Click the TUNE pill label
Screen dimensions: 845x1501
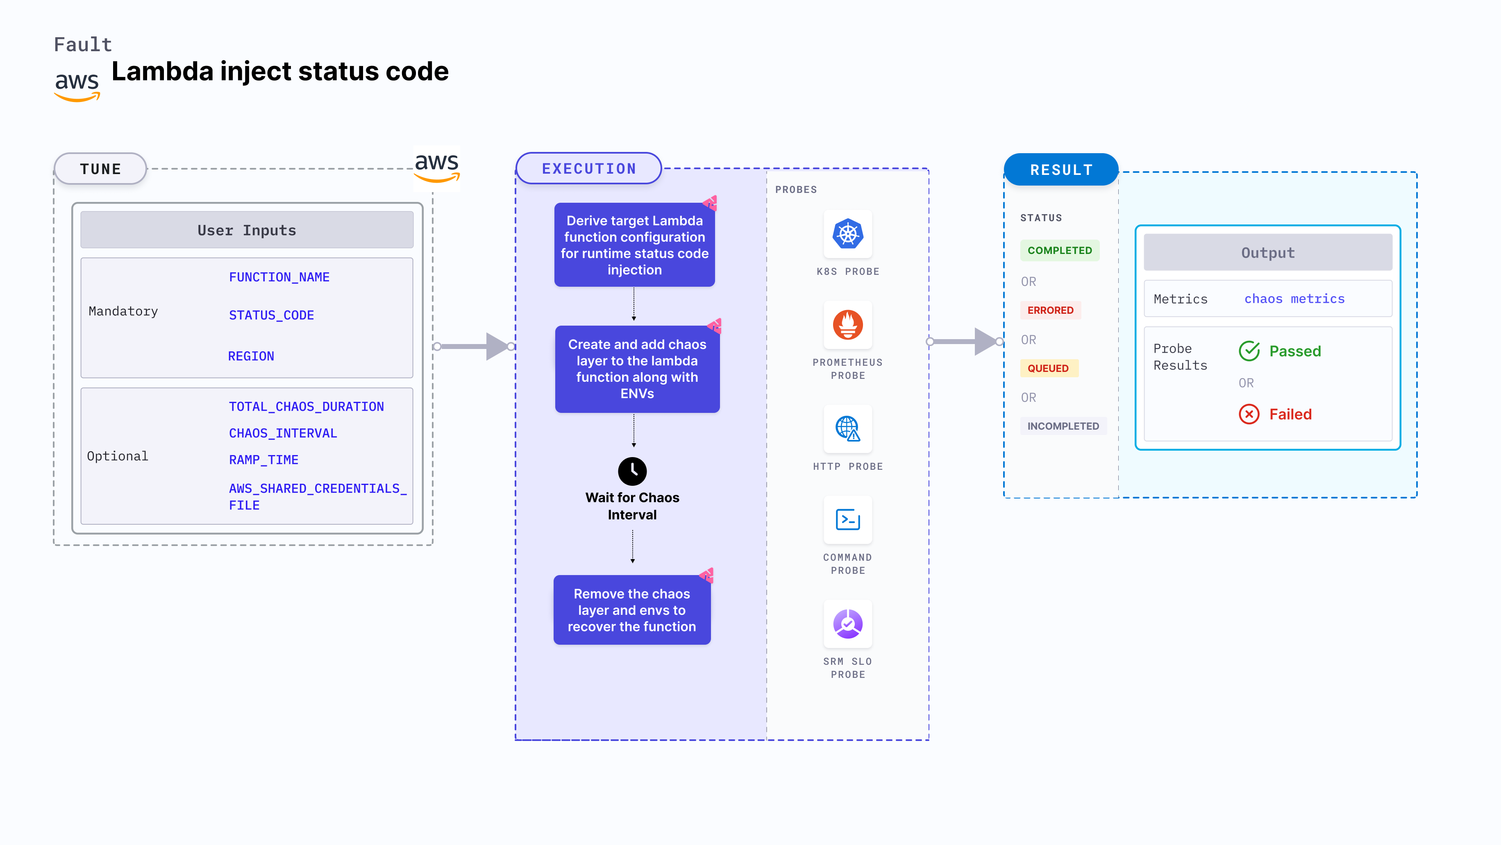[100, 169]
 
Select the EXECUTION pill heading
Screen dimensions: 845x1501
[588, 169]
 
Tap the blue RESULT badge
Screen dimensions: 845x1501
[1060, 170]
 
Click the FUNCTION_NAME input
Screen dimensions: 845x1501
[279, 277]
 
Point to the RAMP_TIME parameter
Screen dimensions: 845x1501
[263, 460]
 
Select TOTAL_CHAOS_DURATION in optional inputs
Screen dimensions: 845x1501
[306, 406]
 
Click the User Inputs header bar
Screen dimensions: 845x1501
[246, 230]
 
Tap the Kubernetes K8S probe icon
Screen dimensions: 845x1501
[847, 234]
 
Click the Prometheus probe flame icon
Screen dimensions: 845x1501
[847, 325]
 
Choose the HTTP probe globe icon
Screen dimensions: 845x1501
[847, 428]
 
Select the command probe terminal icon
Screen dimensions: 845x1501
[847, 519]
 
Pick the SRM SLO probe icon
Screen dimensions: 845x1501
[847, 624]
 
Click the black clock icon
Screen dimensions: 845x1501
[632, 471]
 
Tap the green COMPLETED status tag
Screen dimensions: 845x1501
[1059, 250]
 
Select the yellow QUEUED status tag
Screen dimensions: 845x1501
[1048, 368]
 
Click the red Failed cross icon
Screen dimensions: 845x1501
[1249, 414]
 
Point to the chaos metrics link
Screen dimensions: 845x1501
[1294, 299]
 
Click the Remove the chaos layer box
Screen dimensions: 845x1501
[631, 610]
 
